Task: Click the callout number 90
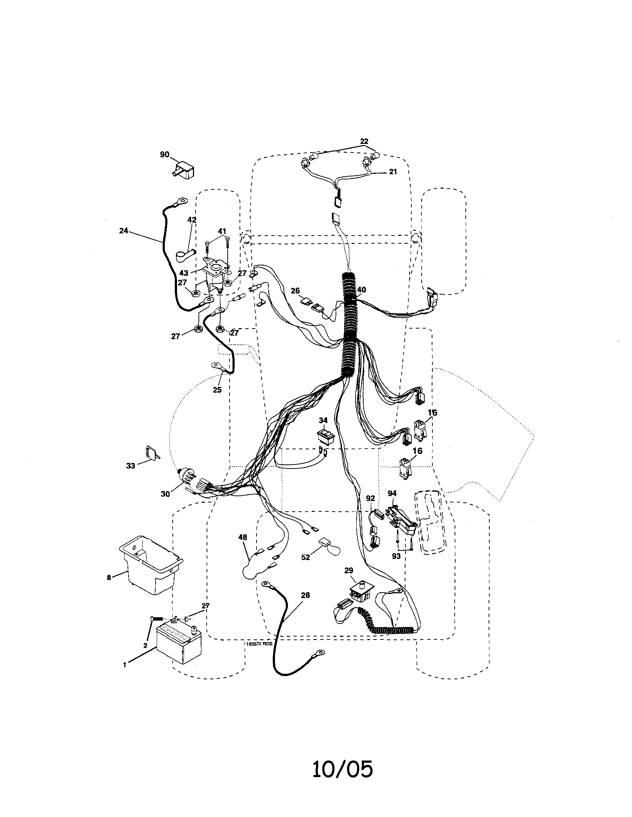click(x=165, y=154)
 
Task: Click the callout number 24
click(x=123, y=231)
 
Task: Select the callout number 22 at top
click(x=364, y=141)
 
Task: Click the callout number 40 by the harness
click(x=361, y=289)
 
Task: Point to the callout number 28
click(x=305, y=595)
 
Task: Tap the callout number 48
click(x=242, y=537)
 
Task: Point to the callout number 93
click(x=396, y=556)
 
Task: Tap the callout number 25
click(x=217, y=390)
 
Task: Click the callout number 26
click(x=295, y=290)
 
